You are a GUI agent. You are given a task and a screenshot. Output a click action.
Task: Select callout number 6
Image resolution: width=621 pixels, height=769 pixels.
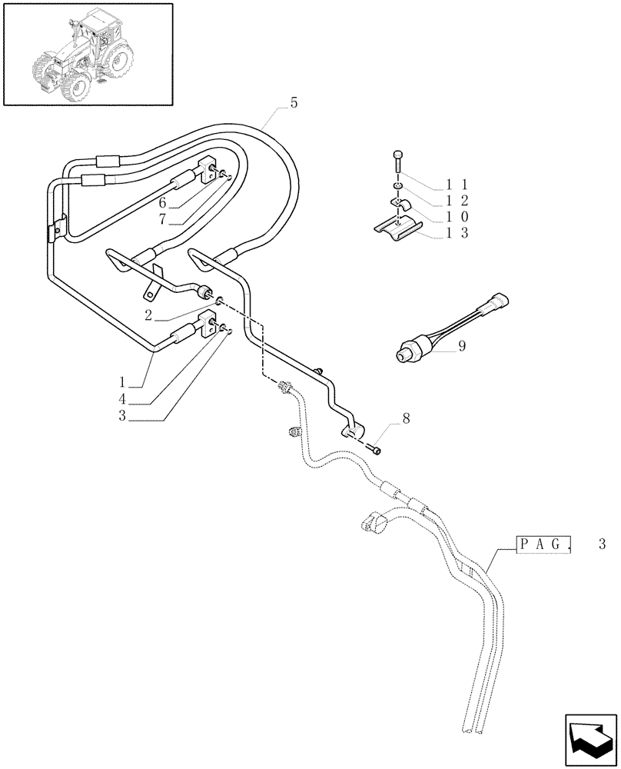tap(163, 203)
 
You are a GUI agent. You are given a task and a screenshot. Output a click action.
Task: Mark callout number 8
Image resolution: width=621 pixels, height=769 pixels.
tap(406, 420)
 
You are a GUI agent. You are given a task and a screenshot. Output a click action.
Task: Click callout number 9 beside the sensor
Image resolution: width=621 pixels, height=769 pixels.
tap(461, 346)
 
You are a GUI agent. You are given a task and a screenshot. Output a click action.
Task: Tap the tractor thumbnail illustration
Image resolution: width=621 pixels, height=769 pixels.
tap(86, 52)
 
